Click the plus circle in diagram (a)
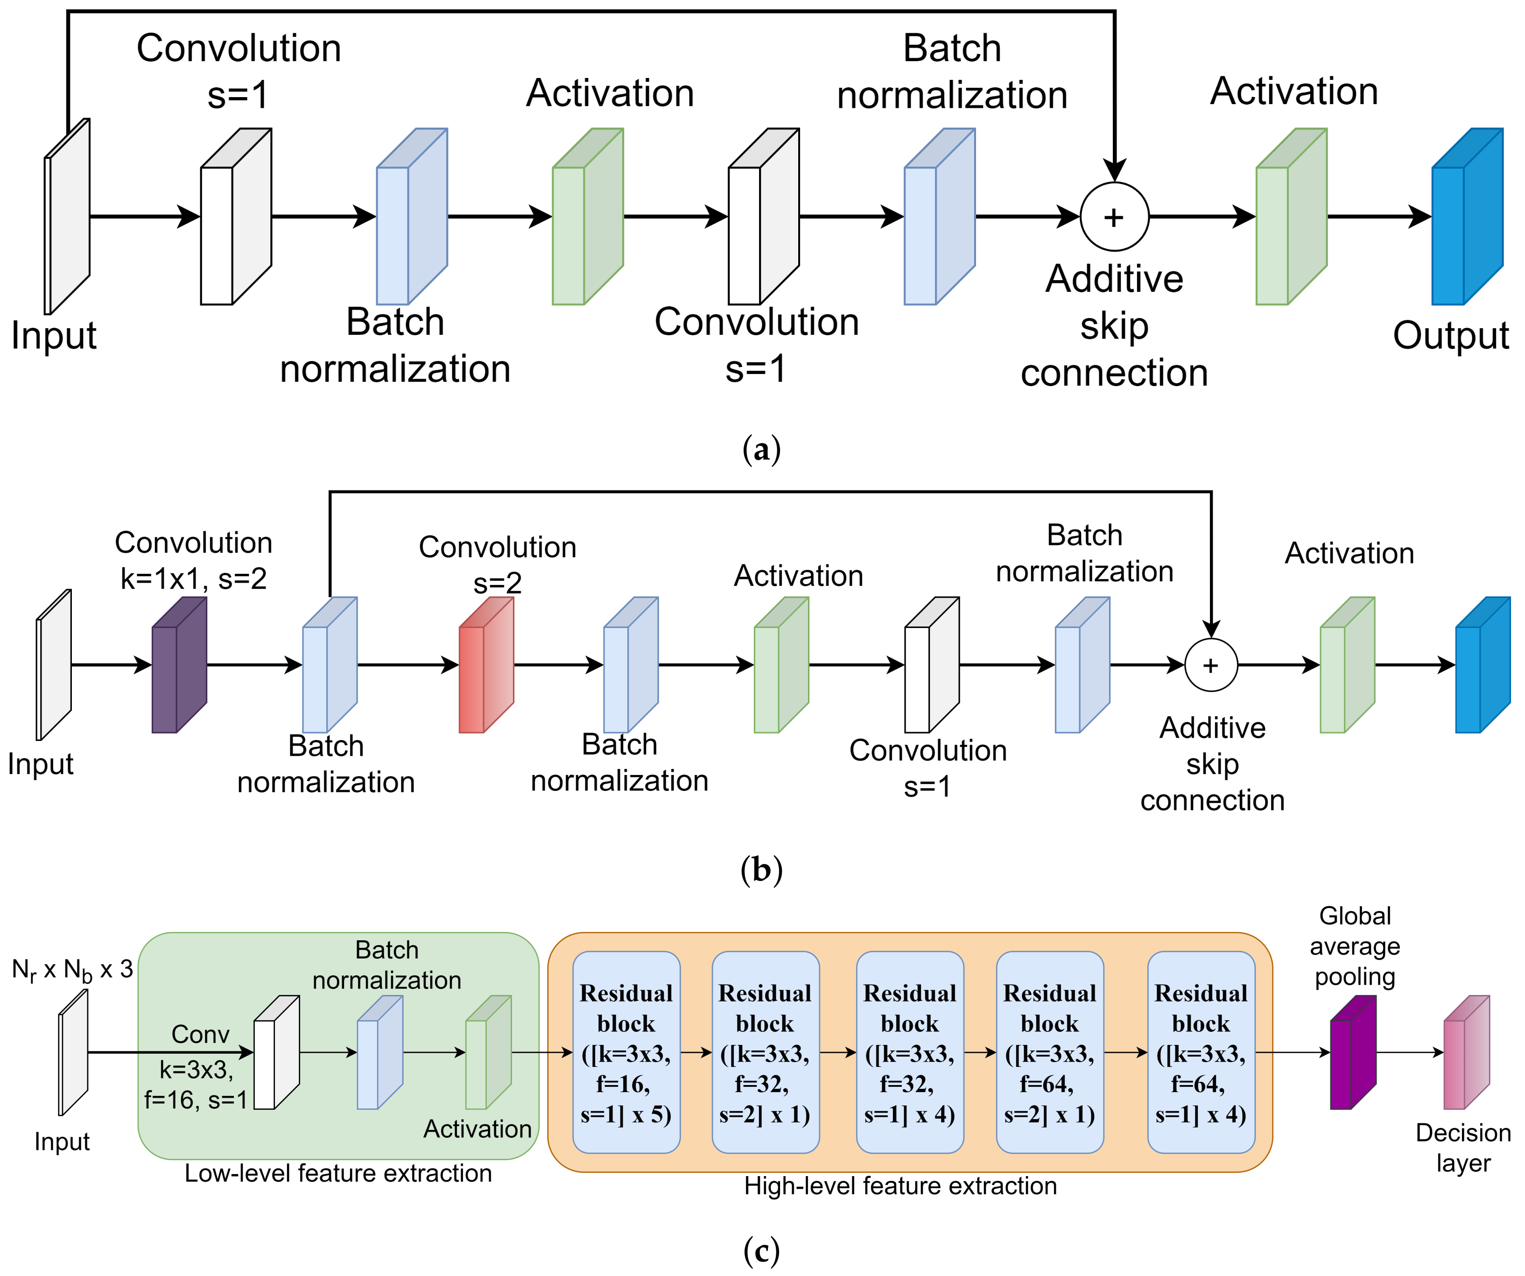[x=1114, y=217]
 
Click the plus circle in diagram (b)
[x=1210, y=665]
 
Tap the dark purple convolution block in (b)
[x=179, y=665]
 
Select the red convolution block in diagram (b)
[x=486, y=665]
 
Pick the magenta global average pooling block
[x=1352, y=1052]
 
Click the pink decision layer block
[x=1465, y=1052]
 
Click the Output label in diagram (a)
[x=1450, y=336]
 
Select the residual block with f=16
[x=626, y=1052]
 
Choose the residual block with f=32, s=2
[x=766, y=1052]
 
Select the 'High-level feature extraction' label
[x=900, y=1185]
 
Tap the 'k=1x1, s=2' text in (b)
[x=193, y=579]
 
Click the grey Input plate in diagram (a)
[x=68, y=217]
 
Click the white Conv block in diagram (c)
[x=276, y=1052]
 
